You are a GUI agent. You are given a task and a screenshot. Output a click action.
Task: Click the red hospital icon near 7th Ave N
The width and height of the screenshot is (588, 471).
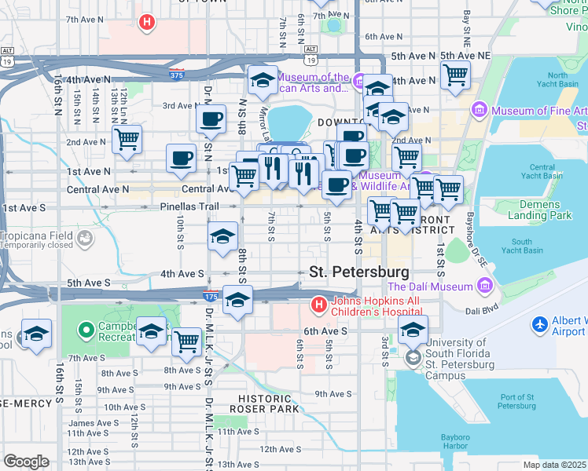pyautogui.click(x=146, y=23)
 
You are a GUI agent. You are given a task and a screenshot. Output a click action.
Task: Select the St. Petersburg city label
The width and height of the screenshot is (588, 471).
pyautogui.click(x=359, y=272)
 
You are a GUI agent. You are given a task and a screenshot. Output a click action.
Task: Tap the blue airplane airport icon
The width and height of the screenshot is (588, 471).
pyautogui.click(x=540, y=324)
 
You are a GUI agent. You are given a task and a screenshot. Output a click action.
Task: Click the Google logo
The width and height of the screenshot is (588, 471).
pyautogui.click(x=26, y=462)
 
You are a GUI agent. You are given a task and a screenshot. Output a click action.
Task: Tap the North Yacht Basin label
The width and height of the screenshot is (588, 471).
pyautogui.click(x=557, y=81)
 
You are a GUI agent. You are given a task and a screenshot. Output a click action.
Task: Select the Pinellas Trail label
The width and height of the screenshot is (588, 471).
pyautogui.click(x=189, y=207)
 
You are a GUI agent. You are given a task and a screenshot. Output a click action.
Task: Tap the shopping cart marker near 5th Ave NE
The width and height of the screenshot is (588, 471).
pyautogui.click(x=455, y=76)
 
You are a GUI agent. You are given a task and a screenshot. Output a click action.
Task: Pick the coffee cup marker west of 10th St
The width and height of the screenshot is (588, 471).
pyautogui.click(x=181, y=158)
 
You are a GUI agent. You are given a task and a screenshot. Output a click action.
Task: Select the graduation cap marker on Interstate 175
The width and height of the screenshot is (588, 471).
pyautogui.click(x=237, y=299)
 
